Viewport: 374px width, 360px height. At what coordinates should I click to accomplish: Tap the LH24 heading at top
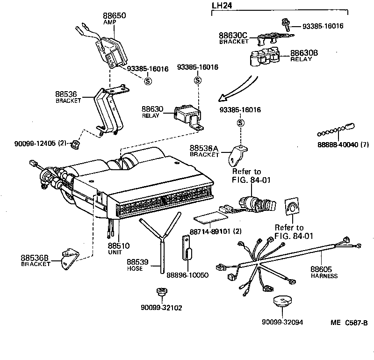point(222,5)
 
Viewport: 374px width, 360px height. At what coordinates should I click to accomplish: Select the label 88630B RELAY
point(304,56)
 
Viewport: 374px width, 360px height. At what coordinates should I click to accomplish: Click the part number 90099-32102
point(161,308)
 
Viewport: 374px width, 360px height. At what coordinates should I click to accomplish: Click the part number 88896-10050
point(187,275)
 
